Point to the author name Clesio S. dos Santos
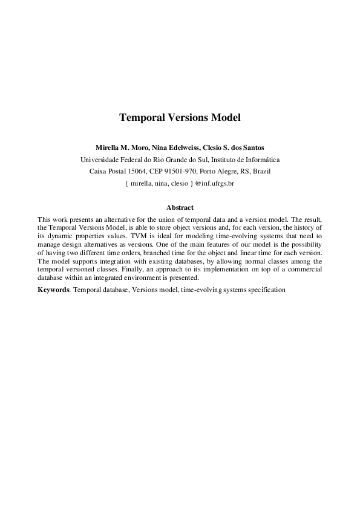pos(231,148)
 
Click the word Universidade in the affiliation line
pos(102,160)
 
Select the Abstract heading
pos(180,207)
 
